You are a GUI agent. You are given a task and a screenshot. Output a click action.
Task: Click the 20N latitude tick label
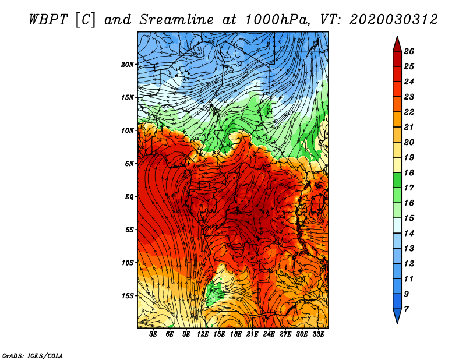point(128,65)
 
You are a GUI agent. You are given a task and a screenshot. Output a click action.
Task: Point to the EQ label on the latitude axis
point(129,197)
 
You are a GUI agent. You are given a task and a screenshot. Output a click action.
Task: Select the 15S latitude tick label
point(128,296)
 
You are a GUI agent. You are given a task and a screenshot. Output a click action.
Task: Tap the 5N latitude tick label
point(129,164)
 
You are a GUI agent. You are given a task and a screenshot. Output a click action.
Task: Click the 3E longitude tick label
point(153,334)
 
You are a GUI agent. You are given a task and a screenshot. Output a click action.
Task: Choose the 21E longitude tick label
point(252,334)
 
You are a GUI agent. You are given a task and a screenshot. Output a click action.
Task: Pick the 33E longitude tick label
point(318,334)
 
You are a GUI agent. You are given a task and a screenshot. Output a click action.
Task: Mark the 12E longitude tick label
point(202,334)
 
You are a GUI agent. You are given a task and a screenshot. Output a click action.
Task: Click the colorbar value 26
point(409,51)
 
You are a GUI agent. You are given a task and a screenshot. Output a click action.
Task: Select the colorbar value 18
point(409,172)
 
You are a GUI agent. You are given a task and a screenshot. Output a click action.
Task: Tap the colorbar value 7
point(406,309)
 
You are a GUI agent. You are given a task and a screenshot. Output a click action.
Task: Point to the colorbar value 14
point(409,234)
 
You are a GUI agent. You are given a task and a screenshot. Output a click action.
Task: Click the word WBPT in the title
point(48,20)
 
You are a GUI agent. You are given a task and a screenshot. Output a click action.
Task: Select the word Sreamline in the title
point(176,20)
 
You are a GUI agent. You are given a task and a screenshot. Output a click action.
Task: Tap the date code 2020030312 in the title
point(394,20)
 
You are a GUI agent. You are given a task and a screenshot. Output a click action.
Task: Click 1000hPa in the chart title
point(277,20)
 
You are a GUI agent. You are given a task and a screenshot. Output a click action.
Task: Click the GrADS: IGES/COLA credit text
point(33,355)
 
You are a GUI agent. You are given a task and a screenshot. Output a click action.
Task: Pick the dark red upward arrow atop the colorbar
point(397,44)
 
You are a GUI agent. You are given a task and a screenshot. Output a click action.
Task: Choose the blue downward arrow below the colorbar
point(397,316)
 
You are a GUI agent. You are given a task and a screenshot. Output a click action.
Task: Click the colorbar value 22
point(409,112)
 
